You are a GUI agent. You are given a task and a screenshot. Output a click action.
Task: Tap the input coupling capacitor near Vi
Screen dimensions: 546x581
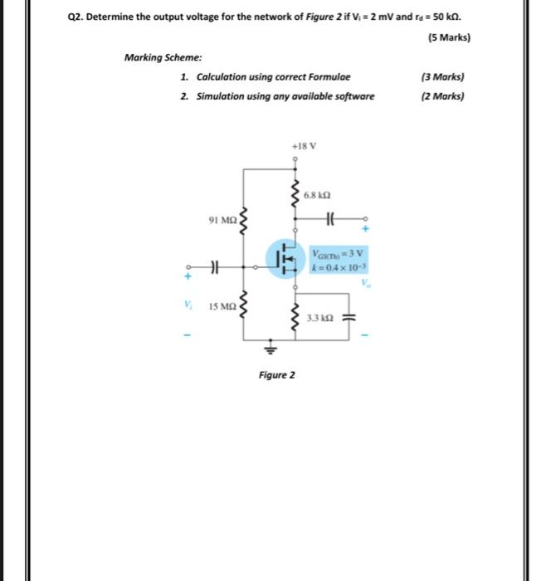coord(214,267)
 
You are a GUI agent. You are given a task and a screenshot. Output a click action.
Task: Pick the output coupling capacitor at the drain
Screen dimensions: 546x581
coord(329,219)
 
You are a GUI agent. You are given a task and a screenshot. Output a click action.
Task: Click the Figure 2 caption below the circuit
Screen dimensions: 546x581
coord(276,374)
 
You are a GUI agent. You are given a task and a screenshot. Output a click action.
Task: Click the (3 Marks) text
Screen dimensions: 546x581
coord(442,76)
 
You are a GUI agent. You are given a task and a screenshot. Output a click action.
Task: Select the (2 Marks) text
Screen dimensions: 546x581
coord(442,95)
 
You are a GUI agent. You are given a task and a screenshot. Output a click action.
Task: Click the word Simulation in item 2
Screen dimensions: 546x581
coord(222,95)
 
